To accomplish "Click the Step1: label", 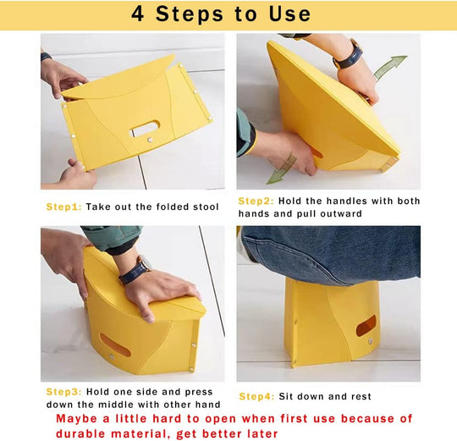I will pyautogui.click(x=64, y=207).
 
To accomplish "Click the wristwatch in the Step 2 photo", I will pyautogui.click(x=347, y=55).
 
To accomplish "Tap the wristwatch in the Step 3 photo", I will pyautogui.click(x=134, y=270).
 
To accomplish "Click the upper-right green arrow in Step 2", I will pyautogui.click(x=390, y=67).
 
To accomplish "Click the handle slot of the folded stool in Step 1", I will pyautogui.click(x=145, y=130).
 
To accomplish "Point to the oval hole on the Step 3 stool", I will pyautogui.click(x=115, y=345).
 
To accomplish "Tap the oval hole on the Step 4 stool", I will pyautogui.click(x=366, y=326).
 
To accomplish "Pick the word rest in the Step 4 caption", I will pyautogui.click(x=361, y=396).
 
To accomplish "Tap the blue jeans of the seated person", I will pyautogui.click(x=330, y=254).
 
